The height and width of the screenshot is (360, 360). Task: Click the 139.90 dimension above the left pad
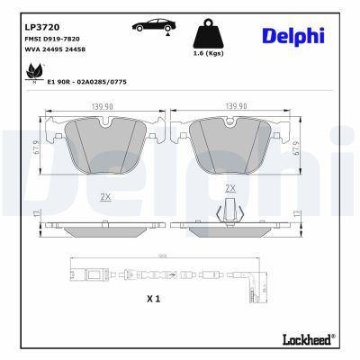coord(101,106)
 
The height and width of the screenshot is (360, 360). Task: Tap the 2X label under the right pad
coord(230,189)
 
